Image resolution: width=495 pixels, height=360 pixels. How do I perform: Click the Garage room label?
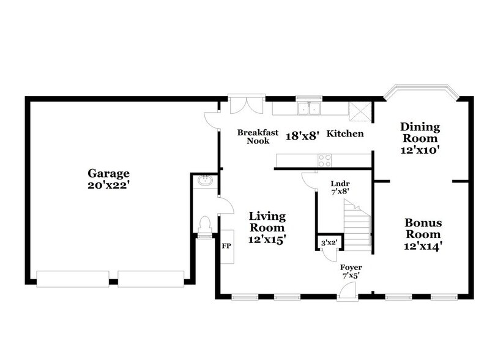(x=108, y=174)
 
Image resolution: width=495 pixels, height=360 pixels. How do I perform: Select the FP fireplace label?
(x=226, y=246)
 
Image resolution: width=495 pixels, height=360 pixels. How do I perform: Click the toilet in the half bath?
(x=205, y=225)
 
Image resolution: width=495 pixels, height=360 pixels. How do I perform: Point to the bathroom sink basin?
(x=206, y=181)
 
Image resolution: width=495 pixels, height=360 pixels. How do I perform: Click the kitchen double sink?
(x=309, y=108)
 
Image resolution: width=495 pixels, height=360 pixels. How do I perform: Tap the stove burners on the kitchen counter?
(x=324, y=160)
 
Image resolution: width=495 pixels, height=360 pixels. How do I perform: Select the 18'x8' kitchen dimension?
(x=300, y=136)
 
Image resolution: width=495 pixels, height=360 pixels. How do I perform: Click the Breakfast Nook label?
(x=258, y=137)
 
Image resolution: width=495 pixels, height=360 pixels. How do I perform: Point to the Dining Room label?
(x=420, y=133)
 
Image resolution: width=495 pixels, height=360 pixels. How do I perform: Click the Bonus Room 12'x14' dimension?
(x=423, y=246)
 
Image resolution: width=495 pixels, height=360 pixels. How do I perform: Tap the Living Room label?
(x=267, y=222)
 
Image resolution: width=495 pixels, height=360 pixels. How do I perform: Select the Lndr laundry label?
(x=340, y=184)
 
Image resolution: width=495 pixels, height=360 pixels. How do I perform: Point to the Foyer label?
(x=351, y=268)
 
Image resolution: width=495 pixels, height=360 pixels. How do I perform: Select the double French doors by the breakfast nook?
(x=247, y=105)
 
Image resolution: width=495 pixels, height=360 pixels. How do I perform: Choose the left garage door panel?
(x=73, y=279)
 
